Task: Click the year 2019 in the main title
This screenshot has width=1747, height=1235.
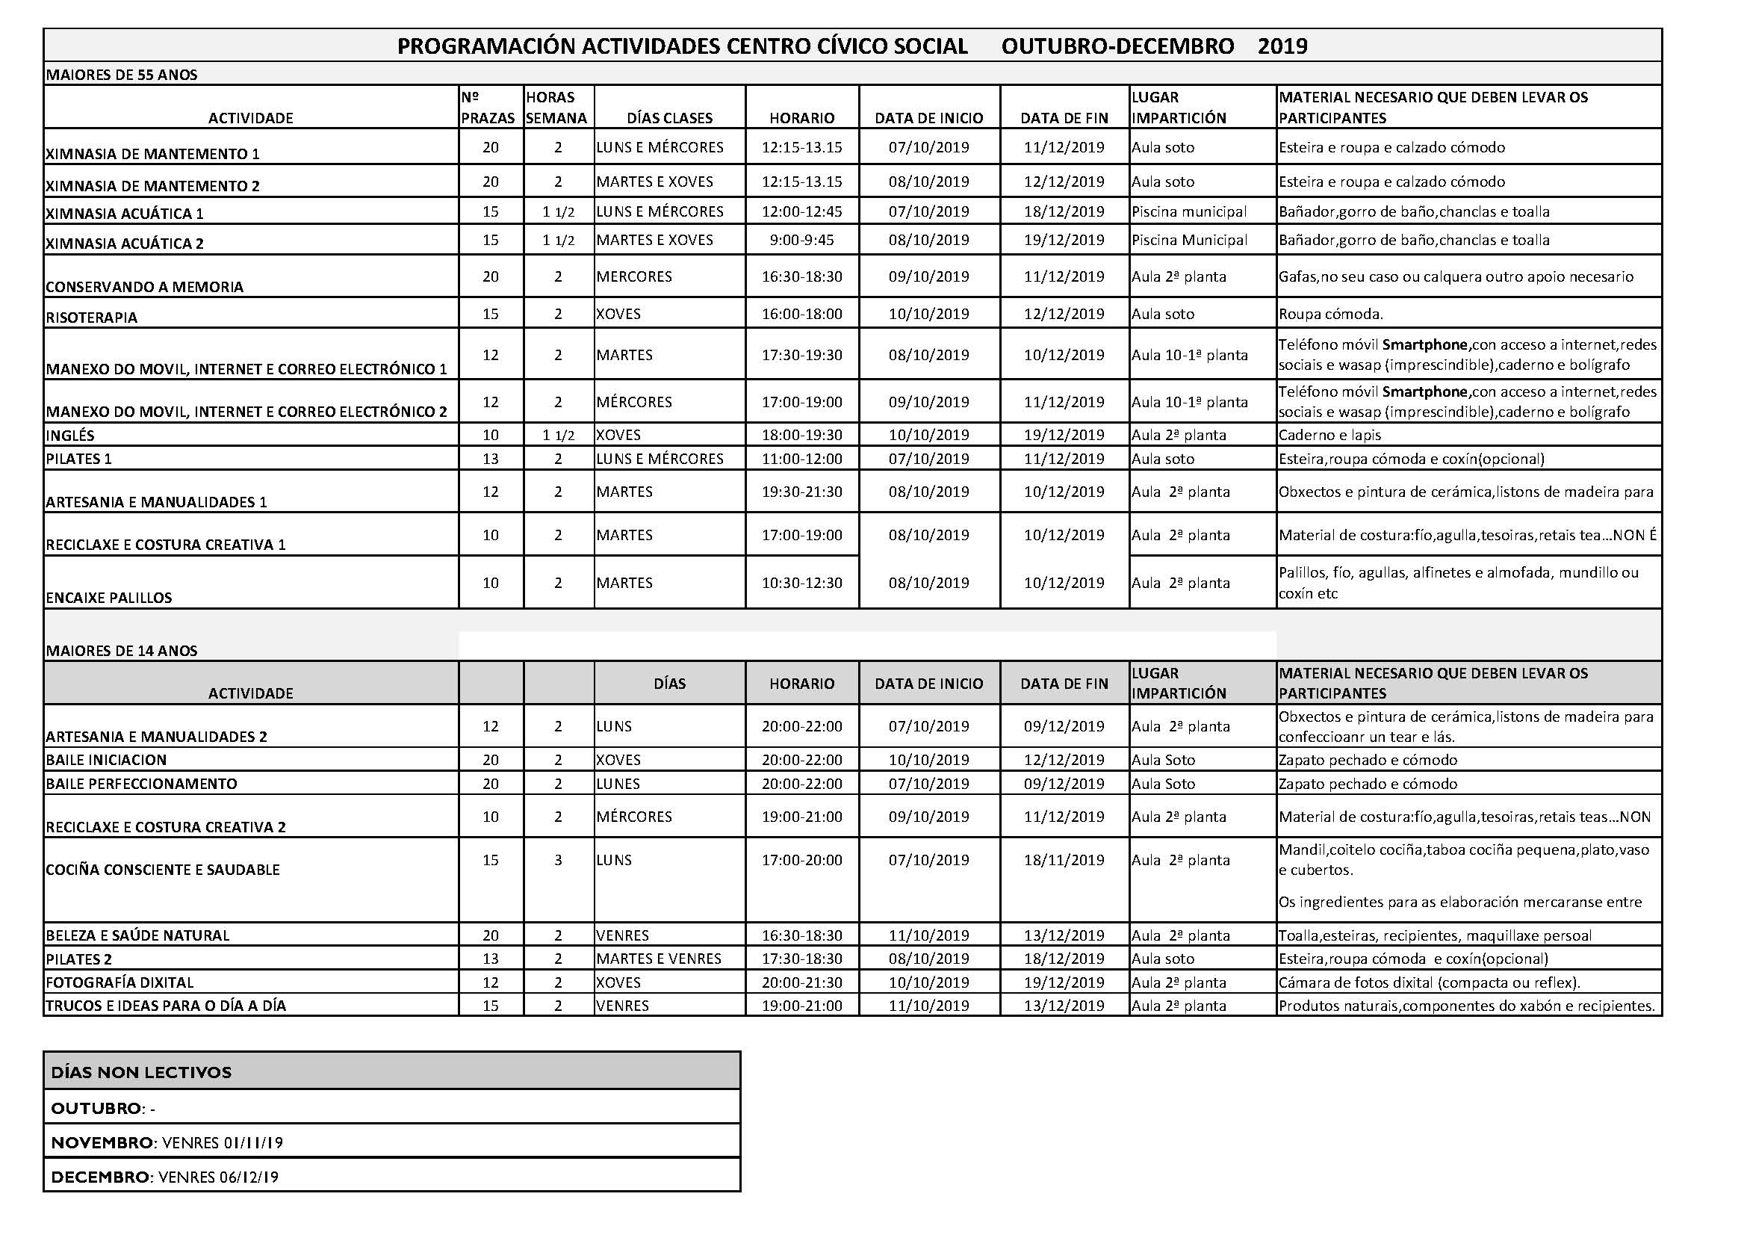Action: pyautogui.click(x=1282, y=46)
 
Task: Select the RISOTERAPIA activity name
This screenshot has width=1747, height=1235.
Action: pyautogui.click(x=91, y=318)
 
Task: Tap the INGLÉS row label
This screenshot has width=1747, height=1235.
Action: pyautogui.click(x=70, y=436)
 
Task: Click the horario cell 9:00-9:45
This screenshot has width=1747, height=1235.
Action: pyautogui.click(x=801, y=241)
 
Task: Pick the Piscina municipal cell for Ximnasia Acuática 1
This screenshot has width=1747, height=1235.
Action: pyautogui.click(x=1188, y=211)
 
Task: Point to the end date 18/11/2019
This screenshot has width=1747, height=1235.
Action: pyautogui.click(x=1063, y=860)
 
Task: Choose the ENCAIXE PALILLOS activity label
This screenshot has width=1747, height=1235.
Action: pyautogui.click(x=109, y=598)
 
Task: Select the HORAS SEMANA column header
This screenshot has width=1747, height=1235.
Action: pyautogui.click(x=556, y=108)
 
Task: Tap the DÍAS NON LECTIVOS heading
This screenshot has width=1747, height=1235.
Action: pyautogui.click(x=140, y=1072)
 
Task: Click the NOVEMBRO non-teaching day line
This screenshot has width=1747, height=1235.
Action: pyautogui.click(x=167, y=1142)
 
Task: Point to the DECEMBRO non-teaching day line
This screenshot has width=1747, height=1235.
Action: pyautogui.click(x=164, y=1177)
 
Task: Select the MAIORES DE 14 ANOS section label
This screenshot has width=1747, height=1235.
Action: pyautogui.click(x=122, y=651)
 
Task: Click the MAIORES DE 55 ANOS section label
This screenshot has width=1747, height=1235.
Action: pyautogui.click(x=122, y=75)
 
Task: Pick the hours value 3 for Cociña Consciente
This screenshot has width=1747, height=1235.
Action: pyautogui.click(x=558, y=860)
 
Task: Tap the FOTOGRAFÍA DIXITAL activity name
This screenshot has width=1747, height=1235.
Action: pyautogui.click(x=120, y=982)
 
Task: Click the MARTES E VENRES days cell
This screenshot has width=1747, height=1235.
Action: pyautogui.click(x=658, y=959)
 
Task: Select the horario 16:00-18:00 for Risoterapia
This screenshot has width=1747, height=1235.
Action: pyautogui.click(x=801, y=314)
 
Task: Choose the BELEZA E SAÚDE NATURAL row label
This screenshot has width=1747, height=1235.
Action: pyautogui.click(x=137, y=935)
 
